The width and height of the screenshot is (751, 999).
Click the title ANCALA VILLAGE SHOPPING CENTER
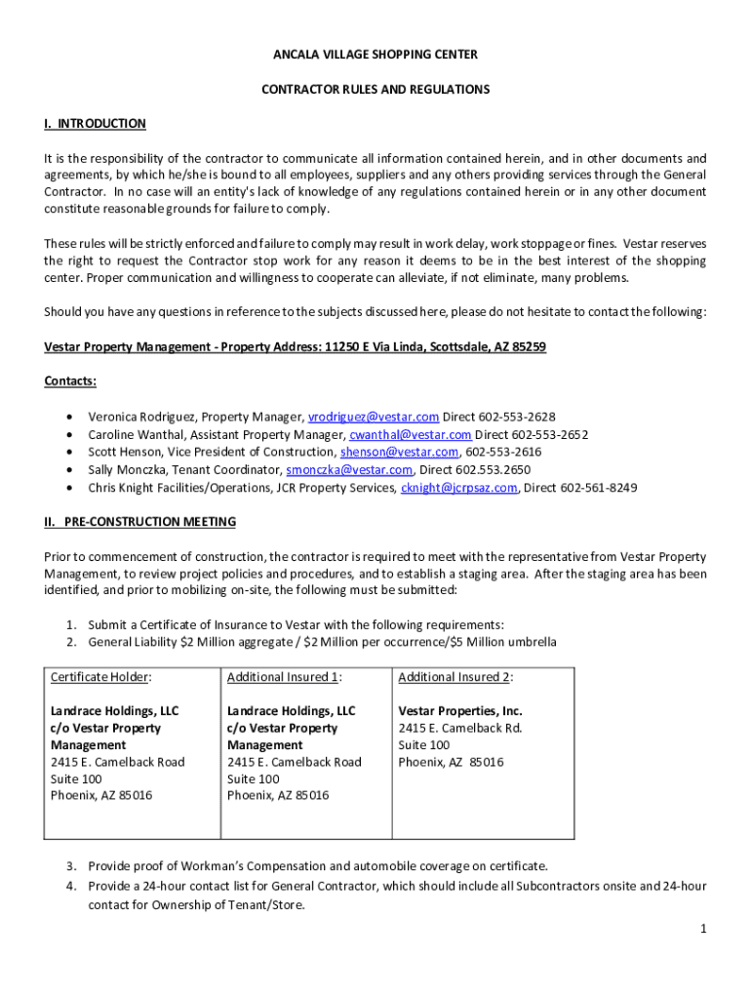click(x=375, y=55)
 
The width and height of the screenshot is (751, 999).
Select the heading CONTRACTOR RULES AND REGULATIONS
click(x=375, y=89)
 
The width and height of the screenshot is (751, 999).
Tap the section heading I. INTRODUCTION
click(x=95, y=124)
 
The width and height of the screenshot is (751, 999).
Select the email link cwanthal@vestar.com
click(x=411, y=434)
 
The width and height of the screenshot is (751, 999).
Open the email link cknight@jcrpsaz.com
click(x=458, y=488)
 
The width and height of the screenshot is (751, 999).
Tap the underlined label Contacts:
click(x=69, y=380)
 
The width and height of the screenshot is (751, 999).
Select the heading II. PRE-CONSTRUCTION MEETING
click(x=139, y=522)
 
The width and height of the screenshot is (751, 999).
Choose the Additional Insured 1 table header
click(x=284, y=677)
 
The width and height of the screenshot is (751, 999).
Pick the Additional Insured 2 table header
click(x=455, y=677)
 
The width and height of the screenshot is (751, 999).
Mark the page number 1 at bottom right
click(x=702, y=929)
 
